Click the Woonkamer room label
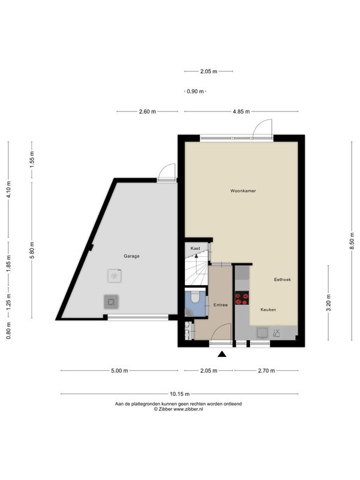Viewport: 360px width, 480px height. [x=243, y=191]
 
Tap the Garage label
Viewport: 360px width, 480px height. [x=131, y=256]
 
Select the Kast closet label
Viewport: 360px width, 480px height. [x=196, y=248]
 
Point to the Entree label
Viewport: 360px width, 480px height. [x=220, y=305]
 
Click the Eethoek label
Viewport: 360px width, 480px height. [x=282, y=280]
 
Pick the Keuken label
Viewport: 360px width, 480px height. [x=268, y=310]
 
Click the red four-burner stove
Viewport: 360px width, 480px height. [x=242, y=298]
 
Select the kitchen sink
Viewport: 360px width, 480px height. [x=263, y=333]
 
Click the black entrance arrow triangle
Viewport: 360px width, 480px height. [x=222, y=354]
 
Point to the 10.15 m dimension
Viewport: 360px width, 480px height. [x=179, y=394]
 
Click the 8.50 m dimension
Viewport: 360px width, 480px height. [x=352, y=241]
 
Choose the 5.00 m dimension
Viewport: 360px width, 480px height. [x=119, y=371]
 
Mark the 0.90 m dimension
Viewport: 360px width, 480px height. [x=196, y=91]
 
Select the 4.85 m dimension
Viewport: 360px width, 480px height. [x=241, y=112]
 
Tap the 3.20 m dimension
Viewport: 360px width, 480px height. [x=328, y=302]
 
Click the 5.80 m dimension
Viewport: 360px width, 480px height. [x=32, y=250]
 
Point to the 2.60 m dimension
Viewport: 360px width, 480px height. [x=148, y=112]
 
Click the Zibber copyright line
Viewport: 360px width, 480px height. [x=178, y=409]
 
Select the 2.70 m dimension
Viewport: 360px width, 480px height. [x=266, y=371]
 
